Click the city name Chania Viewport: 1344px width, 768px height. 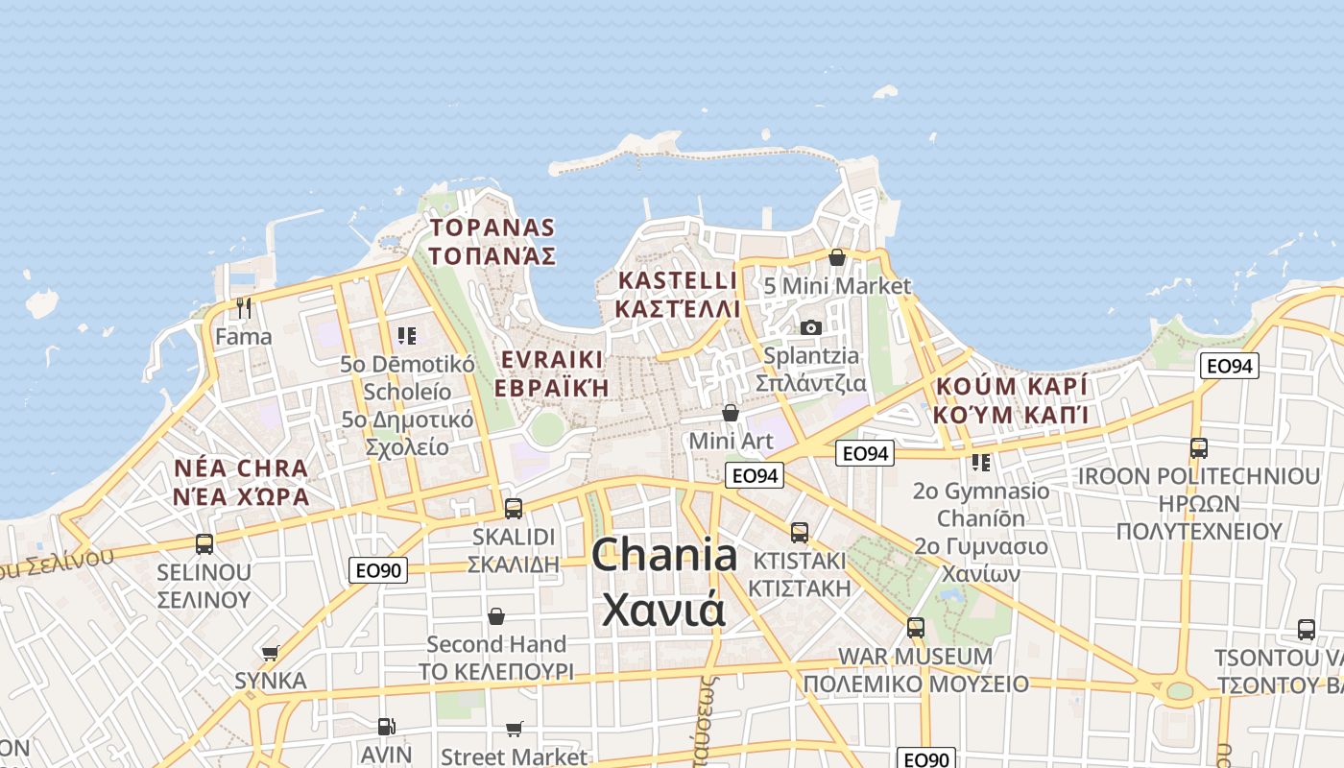(664, 557)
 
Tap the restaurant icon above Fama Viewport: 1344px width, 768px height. (244, 308)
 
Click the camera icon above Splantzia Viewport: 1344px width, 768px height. (811, 327)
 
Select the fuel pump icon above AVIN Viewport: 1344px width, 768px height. (386, 727)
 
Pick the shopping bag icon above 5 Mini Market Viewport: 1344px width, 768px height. (837, 257)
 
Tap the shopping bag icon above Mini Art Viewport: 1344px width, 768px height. (731, 413)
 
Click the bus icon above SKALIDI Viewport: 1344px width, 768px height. (514, 508)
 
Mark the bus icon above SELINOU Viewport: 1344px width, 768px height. (204, 544)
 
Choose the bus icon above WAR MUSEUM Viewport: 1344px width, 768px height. (916, 628)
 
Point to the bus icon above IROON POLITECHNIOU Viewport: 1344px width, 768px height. (1198, 447)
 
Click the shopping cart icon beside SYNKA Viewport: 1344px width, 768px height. (271, 653)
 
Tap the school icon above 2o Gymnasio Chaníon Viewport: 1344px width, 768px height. (980, 463)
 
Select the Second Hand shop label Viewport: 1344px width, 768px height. (496, 644)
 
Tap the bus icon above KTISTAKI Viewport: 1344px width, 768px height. (800, 532)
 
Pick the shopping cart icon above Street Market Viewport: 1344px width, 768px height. (515, 729)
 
